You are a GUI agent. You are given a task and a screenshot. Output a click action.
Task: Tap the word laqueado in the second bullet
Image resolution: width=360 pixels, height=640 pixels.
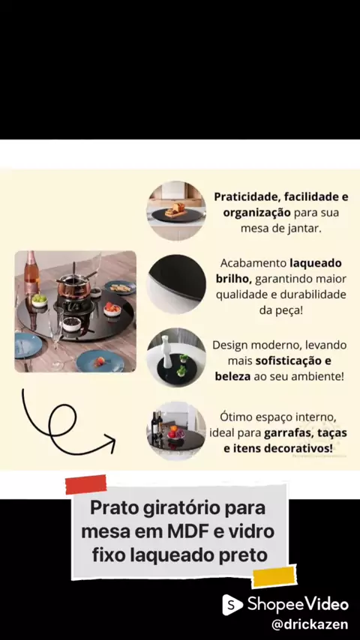click(316, 263)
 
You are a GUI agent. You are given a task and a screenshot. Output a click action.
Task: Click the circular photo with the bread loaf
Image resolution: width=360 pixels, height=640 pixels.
click(176, 211)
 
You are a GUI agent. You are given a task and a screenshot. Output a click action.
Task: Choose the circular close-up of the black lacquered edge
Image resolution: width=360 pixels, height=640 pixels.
click(176, 284)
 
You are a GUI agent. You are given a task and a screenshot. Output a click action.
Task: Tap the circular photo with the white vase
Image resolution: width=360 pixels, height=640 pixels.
click(176, 357)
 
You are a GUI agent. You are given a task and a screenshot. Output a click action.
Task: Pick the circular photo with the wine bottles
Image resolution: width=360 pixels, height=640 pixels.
click(176, 431)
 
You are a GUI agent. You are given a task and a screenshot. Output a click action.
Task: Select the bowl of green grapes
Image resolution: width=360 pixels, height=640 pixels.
click(39, 301)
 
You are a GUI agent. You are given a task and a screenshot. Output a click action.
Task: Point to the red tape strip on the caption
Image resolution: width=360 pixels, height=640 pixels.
click(85, 484)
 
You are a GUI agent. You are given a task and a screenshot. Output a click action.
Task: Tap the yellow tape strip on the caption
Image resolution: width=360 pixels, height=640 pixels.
click(274, 577)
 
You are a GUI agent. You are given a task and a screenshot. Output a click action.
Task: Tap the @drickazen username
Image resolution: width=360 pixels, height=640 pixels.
click(310, 624)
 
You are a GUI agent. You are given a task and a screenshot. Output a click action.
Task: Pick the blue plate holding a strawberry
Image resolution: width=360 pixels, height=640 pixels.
click(100, 361)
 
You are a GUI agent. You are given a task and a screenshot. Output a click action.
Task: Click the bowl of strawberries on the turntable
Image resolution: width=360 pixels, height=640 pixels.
click(112, 310)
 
